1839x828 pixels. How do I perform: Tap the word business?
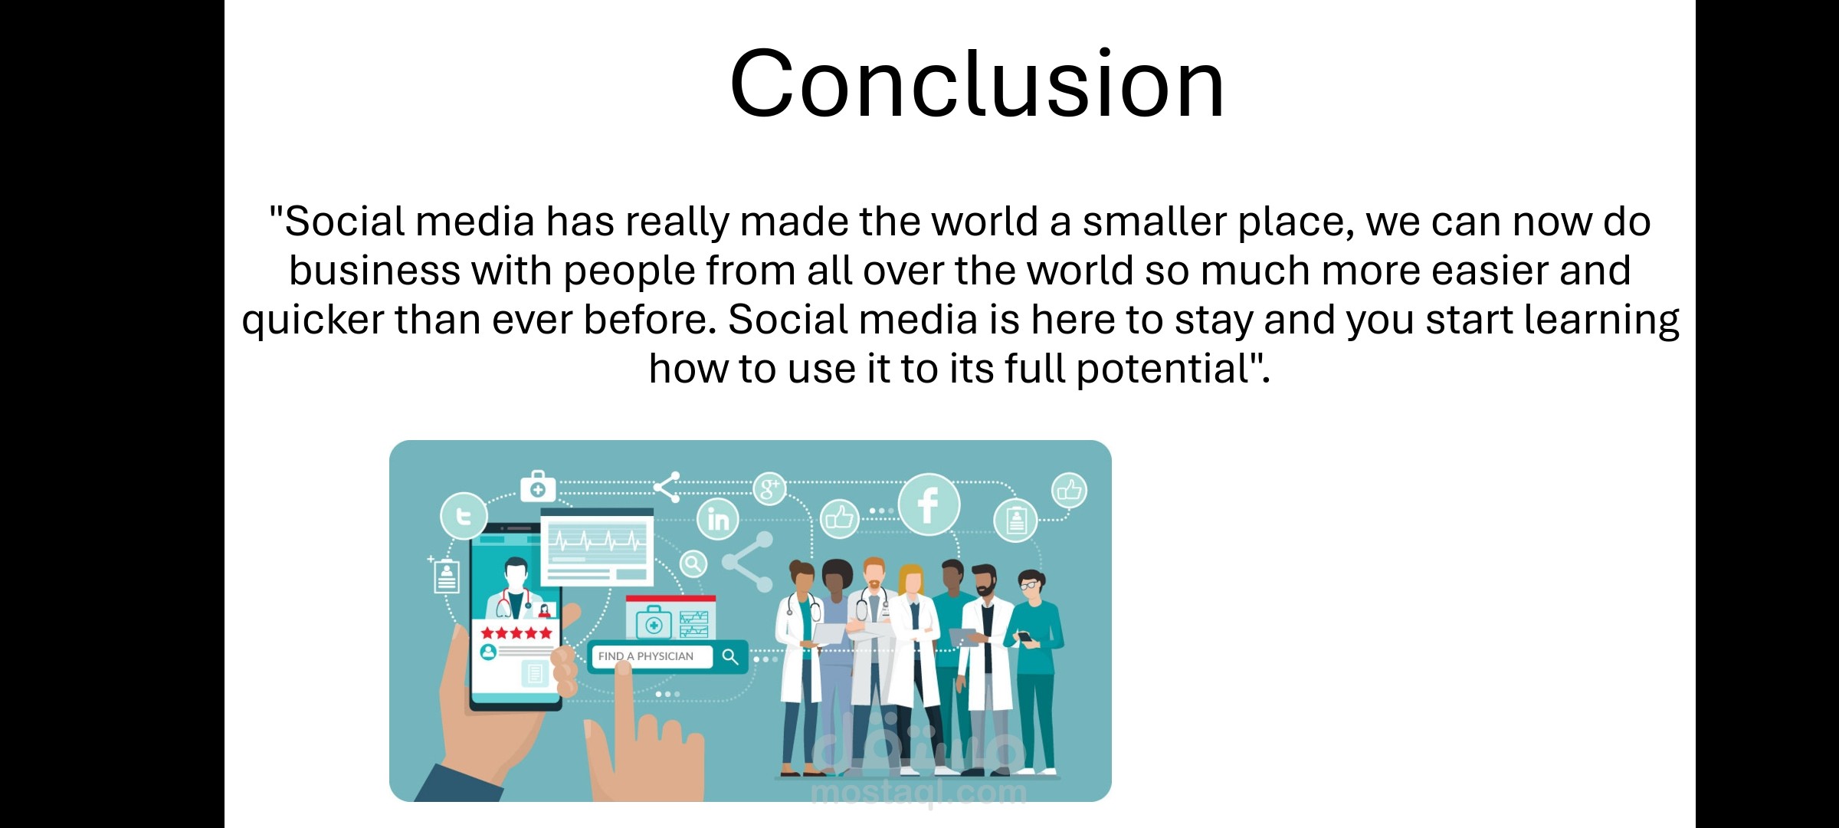(374, 271)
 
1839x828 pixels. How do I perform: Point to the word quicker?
(313, 320)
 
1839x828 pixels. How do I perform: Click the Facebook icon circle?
(929, 504)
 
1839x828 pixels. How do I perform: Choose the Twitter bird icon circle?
(464, 516)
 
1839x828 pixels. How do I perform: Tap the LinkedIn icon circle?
(718, 519)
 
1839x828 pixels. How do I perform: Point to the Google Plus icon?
(769, 488)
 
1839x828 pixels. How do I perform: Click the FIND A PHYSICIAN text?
(645, 656)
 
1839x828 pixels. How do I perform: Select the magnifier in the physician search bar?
(730, 656)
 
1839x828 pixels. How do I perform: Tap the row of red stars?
(516, 632)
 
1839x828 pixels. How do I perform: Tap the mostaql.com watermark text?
(918, 792)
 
